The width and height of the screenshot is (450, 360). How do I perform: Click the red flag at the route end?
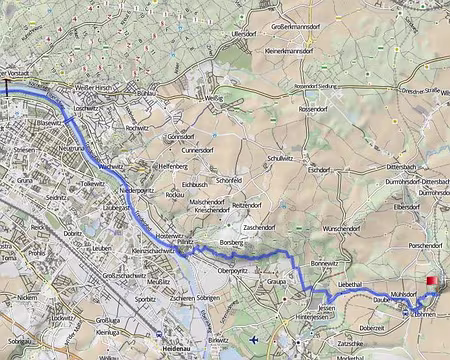click(x=431, y=282)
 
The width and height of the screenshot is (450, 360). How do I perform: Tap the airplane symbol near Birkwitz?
click(x=256, y=340)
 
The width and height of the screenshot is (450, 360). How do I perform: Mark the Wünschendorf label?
click(x=344, y=229)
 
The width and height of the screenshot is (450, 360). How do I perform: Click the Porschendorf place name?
click(x=416, y=245)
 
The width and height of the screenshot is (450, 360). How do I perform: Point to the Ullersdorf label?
click(x=245, y=35)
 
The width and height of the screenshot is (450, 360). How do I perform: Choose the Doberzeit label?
click(x=372, y=327)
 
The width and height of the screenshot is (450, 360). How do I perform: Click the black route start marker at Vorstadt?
click(x=10, y=87)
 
